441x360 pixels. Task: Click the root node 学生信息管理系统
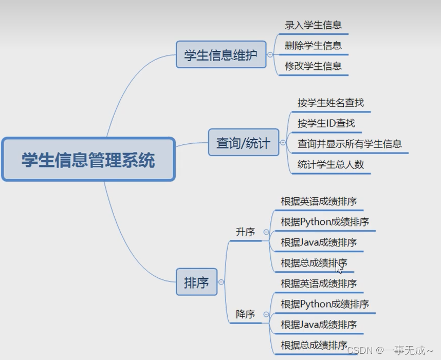pos(88,159)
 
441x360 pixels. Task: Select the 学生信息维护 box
pos(221,54)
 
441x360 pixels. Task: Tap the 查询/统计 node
pos(243,142)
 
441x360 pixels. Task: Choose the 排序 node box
pos(196,282)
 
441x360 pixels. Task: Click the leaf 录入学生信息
pos(313,25)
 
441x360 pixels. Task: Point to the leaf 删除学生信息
pos(313,45)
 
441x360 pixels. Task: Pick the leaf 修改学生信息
pos(313,66)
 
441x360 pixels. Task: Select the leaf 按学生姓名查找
pos(330,103)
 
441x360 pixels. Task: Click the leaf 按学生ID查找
pos(326,123)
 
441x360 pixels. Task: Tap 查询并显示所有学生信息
pos(350,144)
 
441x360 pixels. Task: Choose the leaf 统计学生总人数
pos(330,164)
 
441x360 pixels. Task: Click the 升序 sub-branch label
pos(245,232)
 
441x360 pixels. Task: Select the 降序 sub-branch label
pos(245,314)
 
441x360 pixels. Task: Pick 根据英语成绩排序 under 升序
pos(319,201)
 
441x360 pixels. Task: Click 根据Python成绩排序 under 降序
pos(325,304)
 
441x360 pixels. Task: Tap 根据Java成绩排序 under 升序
pos(319,242)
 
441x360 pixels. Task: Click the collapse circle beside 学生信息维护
pos(270,54)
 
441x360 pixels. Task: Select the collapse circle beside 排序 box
pos(221,282)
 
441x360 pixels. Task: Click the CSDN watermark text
pos(391,350)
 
